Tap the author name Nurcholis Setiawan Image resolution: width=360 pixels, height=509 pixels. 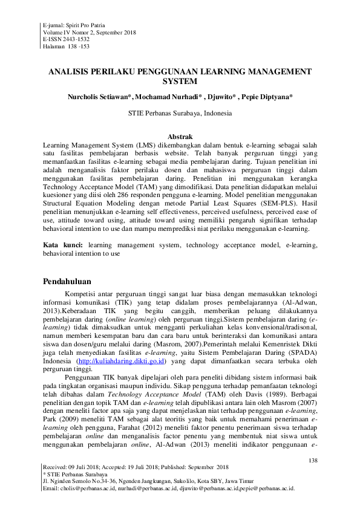[97, 96]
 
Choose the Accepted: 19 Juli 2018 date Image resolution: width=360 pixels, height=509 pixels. [133, 467]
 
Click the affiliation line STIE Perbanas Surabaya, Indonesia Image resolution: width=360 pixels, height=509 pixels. [180, 113]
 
